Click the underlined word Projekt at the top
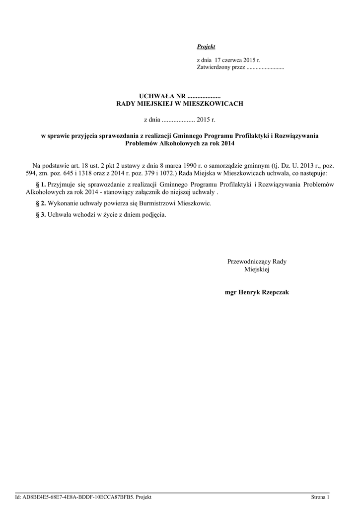(206, 47)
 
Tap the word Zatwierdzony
(213, 66)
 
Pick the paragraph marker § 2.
(42, 204)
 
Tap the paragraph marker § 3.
(42, 215)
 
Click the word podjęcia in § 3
(154, 215)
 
